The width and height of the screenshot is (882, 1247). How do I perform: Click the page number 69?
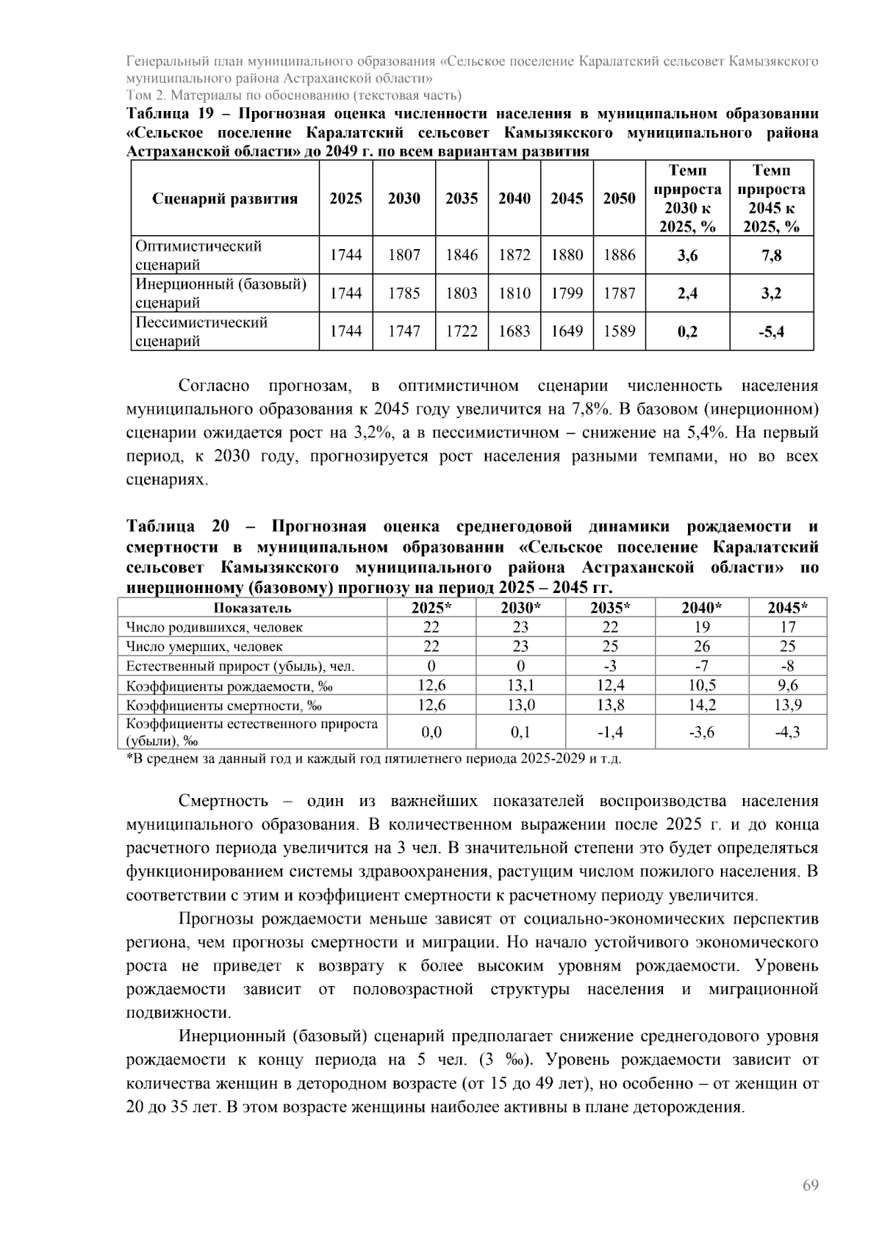click(811, 1185)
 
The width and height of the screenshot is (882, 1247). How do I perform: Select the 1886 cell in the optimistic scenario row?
click(619, 255)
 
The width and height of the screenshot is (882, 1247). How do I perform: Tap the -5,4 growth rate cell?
click(771, 331)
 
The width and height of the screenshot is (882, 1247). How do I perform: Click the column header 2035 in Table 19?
click(462, 198)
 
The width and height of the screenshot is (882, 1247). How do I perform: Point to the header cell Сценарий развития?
click(225, 198)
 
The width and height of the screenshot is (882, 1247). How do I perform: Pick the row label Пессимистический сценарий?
click(201, 331)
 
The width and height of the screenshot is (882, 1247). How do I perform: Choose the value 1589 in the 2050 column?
click(619, 331)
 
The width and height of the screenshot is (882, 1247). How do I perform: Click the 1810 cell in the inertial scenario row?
click(514, 293)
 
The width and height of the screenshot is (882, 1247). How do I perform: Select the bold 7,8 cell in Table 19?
click(771, 255)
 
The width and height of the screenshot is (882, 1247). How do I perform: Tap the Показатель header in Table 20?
click(252, 608)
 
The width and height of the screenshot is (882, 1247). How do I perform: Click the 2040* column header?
click(701, 608)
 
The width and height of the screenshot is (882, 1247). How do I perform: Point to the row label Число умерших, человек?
click(204, 647)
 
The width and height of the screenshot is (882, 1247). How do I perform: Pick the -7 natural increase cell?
click(701, 666)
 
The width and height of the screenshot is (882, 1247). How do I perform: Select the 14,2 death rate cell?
click(701, 705)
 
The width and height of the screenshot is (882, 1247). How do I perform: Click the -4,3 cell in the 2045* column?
click(787, 732)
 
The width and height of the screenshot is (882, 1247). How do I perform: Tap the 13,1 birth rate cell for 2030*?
click(520, 686)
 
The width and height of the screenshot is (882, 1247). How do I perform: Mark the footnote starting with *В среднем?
click(373, 758)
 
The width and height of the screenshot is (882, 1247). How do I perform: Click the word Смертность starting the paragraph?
click(223, 801)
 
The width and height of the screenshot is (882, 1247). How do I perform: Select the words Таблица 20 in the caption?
click(177, 527)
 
